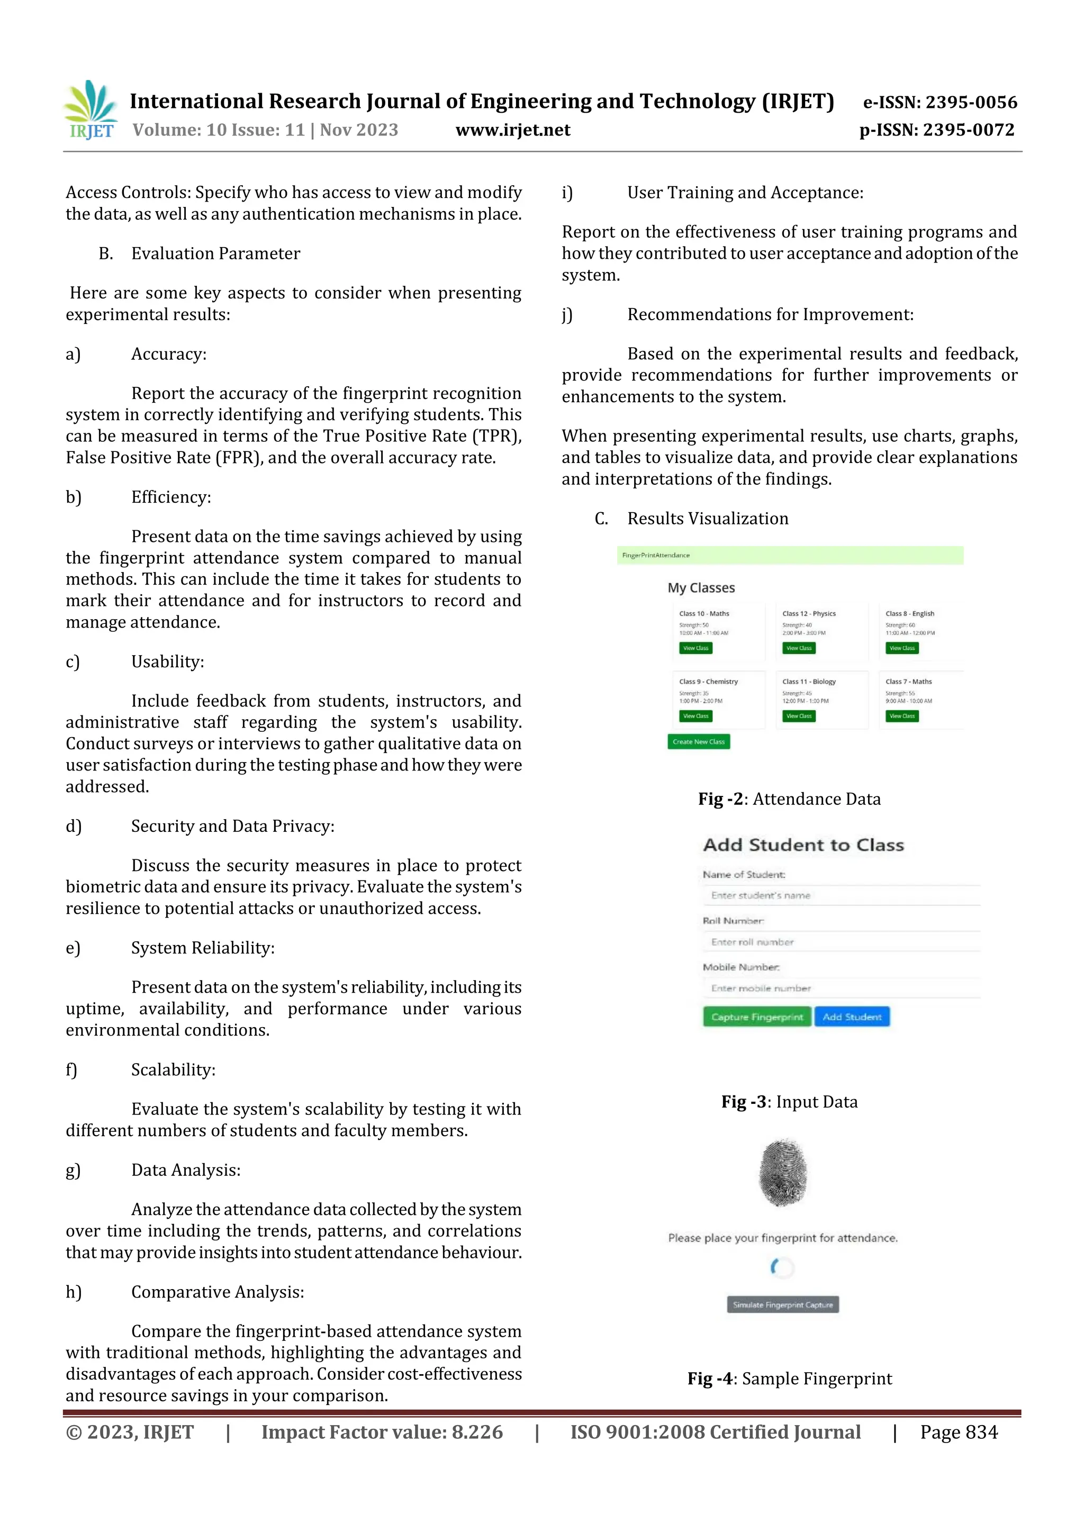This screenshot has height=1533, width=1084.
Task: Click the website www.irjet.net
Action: click(x=512, y=130)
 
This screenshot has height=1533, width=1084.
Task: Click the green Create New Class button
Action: click(x=698, y=742)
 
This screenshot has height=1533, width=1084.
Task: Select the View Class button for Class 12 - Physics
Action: click(x=798, y=648)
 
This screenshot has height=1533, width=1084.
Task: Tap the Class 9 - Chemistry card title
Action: click(x=708, y=682)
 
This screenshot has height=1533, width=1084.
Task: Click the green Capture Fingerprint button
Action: click(x=757, y=1017)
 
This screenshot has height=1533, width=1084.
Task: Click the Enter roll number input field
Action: click(x=840, y=942)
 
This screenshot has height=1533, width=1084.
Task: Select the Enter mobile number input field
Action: click(x=840, y=988)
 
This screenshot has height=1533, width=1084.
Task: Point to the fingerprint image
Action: click(x=783, y=1173)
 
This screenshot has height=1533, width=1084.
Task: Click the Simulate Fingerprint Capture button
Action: click(x=782, y=1304)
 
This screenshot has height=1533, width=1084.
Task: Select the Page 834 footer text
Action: click(x=959, y=1432)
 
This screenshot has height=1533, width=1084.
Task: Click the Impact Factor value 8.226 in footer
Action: click(x=382, y=1432)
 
